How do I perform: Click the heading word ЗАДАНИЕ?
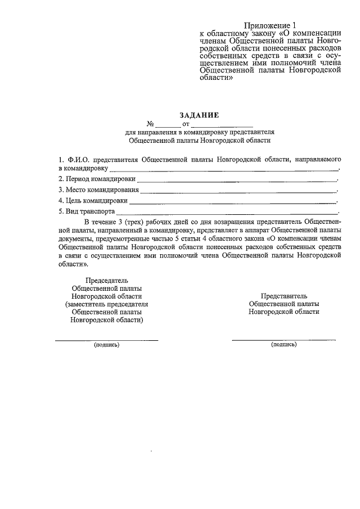pos(199,115)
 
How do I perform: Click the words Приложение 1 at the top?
pos(269,25)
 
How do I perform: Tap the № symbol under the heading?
pos(150,123)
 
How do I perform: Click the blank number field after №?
pos(165,124)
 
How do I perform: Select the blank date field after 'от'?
pos(222,124)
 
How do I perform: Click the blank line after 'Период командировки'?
pos(236,181)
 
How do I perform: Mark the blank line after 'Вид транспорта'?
pos(227,213)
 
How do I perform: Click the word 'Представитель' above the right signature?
pos(284,295)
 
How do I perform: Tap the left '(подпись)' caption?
pos(106,345)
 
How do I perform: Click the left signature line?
pos(106,340)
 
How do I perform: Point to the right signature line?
pos(283,340)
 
